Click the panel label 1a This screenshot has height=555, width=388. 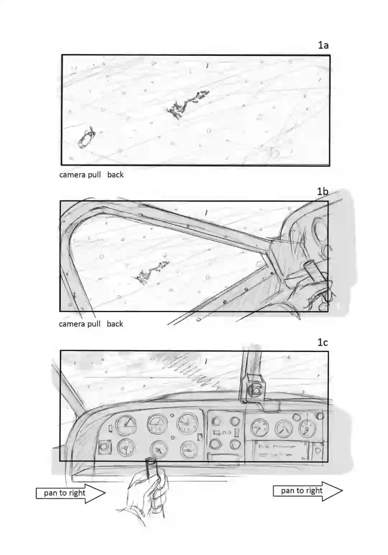[x=323, y=45]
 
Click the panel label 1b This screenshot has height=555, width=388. [x=323, y=191]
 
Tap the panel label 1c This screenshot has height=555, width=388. [x=323, y=342]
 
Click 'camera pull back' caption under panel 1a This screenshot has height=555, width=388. [x=91, y=175]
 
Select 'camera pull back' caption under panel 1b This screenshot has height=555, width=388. [x=91, y=324]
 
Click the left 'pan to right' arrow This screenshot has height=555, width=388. [x=71, y=493]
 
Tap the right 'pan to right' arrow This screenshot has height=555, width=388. [x=308, y=491]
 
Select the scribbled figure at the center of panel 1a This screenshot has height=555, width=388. [x=187, y=105]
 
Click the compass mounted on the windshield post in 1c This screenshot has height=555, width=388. [x=255, y=391]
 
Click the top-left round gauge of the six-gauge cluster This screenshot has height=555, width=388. [x=126, y=425]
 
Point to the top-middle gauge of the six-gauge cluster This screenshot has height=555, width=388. [x=157, y=424]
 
